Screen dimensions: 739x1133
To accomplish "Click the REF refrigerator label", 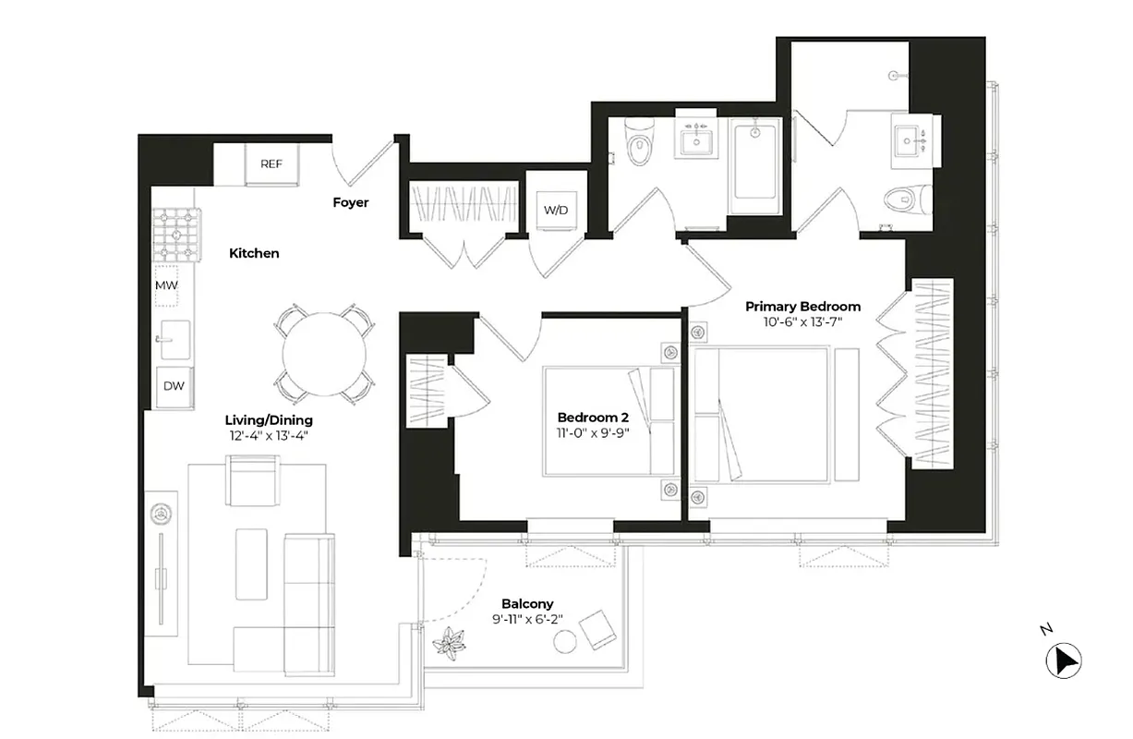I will [271, 164].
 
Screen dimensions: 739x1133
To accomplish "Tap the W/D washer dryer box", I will [555, 211].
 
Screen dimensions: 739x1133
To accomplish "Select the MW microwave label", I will [166, 285].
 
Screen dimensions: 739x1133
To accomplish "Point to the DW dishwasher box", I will [174, 386].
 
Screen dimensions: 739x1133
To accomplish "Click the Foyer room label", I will [351, 202].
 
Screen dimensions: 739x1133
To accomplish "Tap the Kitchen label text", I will [254, 253].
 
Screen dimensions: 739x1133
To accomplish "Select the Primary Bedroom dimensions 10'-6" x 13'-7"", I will [802, 322].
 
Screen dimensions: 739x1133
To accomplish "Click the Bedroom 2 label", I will [593, 417].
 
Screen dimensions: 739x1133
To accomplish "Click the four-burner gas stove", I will [177, 234].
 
